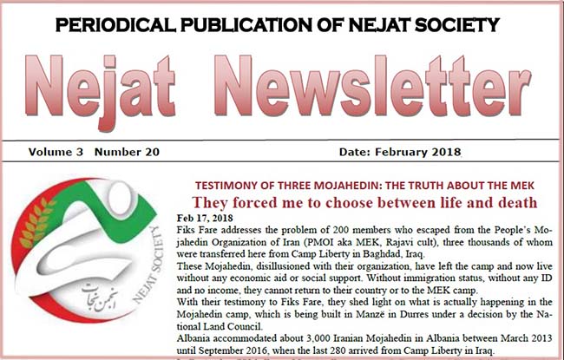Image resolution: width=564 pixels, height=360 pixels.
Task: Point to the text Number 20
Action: click(x=128, y=152)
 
